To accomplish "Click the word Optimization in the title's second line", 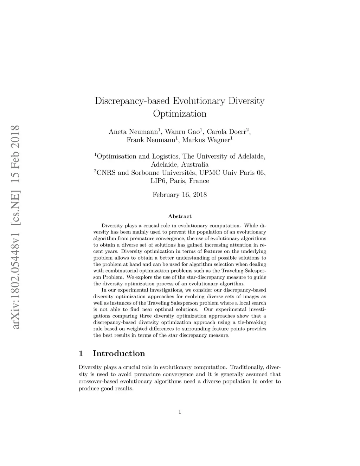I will click(180, 114).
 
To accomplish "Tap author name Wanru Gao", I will click(182, 132).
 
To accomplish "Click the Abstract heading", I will click(180, 216).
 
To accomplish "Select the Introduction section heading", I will click(119, 353).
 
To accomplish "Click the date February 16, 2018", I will click(180, 194).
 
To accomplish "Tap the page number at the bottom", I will click(180, 412).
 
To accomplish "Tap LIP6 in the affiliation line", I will click(159, 181).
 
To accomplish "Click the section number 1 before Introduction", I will click(81, 353).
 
